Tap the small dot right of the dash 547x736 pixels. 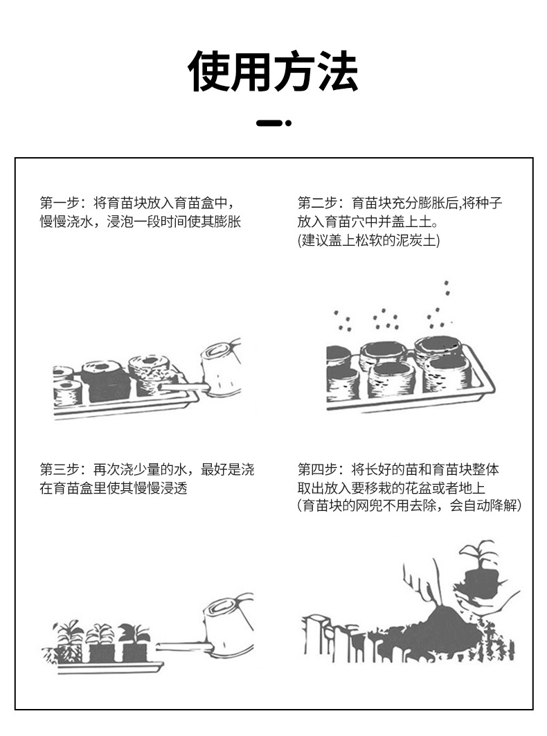coord(289,123)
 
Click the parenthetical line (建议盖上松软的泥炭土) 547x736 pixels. coord(368,240)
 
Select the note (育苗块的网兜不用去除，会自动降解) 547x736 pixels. coord(409,506)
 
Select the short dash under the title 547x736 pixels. coord(269,123)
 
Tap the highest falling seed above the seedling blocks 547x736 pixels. coord(447,283)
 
